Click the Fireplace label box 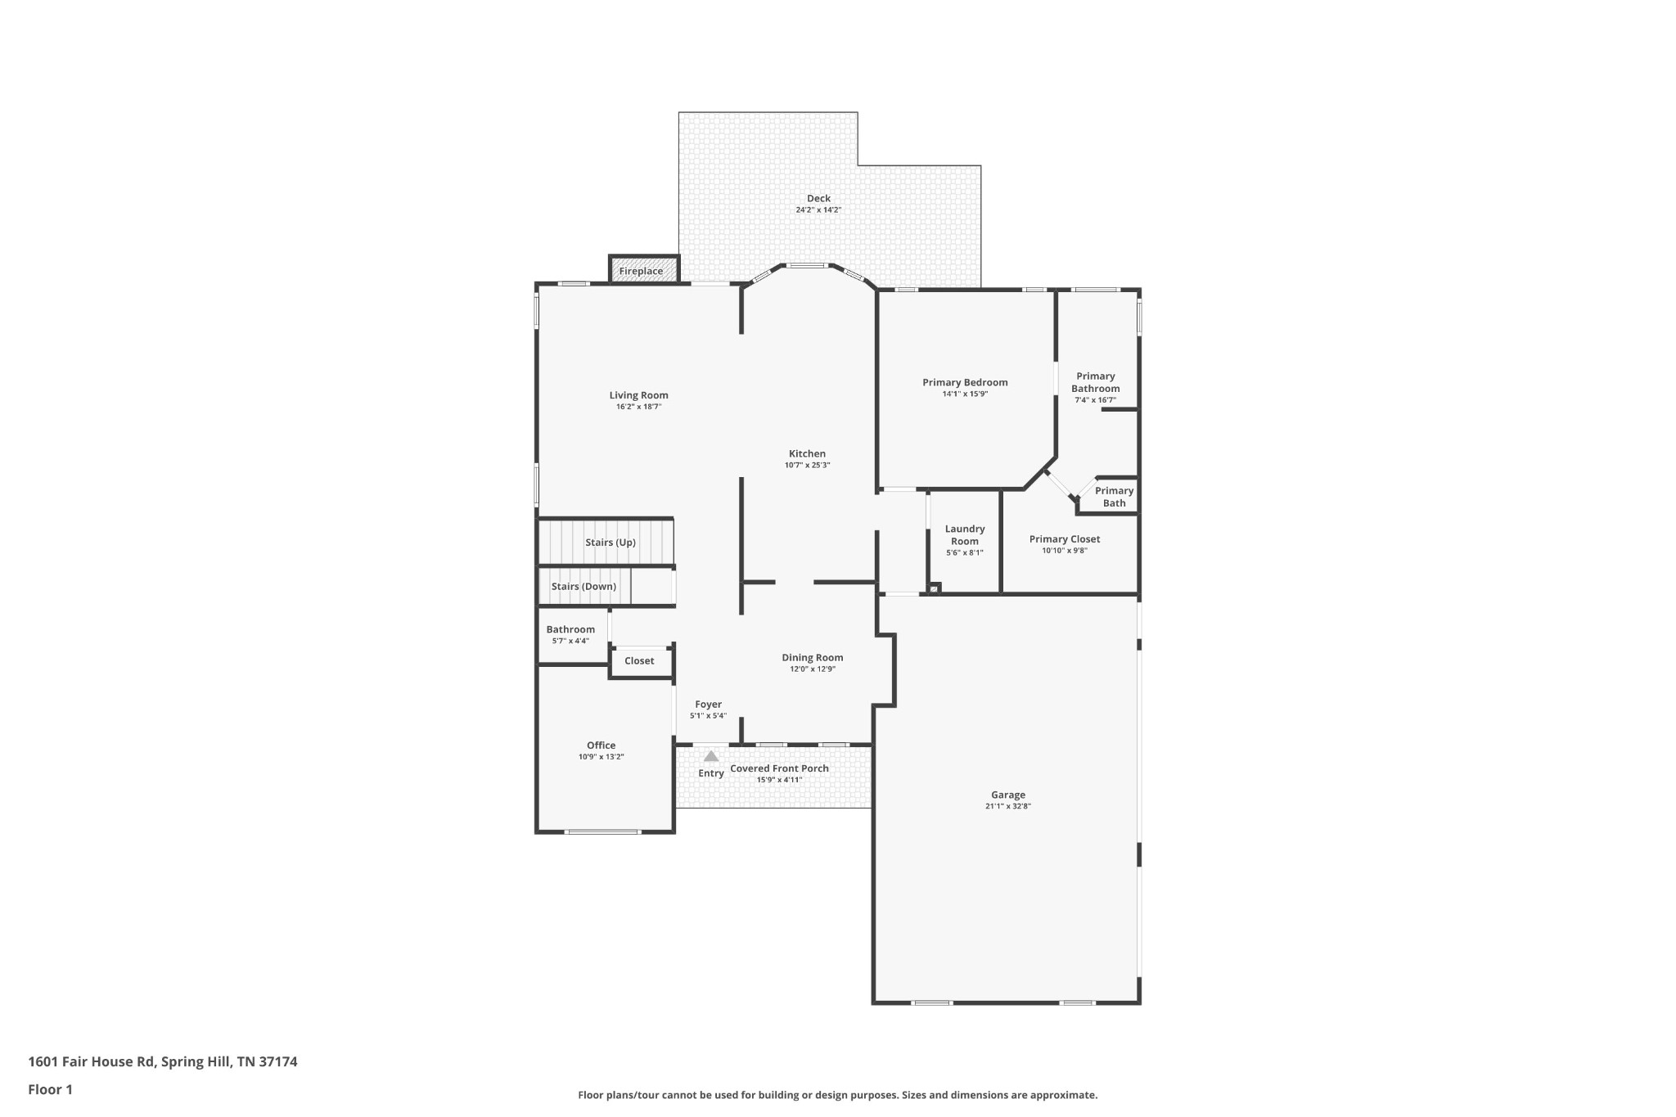pos(644,270)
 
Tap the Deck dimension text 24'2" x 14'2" pos(818,210)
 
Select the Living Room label pos(638,395)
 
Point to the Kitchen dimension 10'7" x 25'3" pos(807,466)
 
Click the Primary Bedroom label pos(965,383)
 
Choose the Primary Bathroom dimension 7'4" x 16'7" pos(1095,400)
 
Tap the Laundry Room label pos(965,535)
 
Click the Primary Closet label pos(1064,539)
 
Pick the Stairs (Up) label pos(610,543)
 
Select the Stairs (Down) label pos(583,587)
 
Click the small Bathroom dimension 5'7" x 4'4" pos(570,641)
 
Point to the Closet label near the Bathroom pos(639,660)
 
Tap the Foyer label pos(708,704)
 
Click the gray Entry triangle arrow pos(711,756)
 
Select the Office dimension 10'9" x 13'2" pos(601,757)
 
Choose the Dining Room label pos(812,658)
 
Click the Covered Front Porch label pos(779,768)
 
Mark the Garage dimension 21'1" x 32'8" pos(1007,806)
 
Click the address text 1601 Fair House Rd pos(92,1061)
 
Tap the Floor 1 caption pos(50,1089)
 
